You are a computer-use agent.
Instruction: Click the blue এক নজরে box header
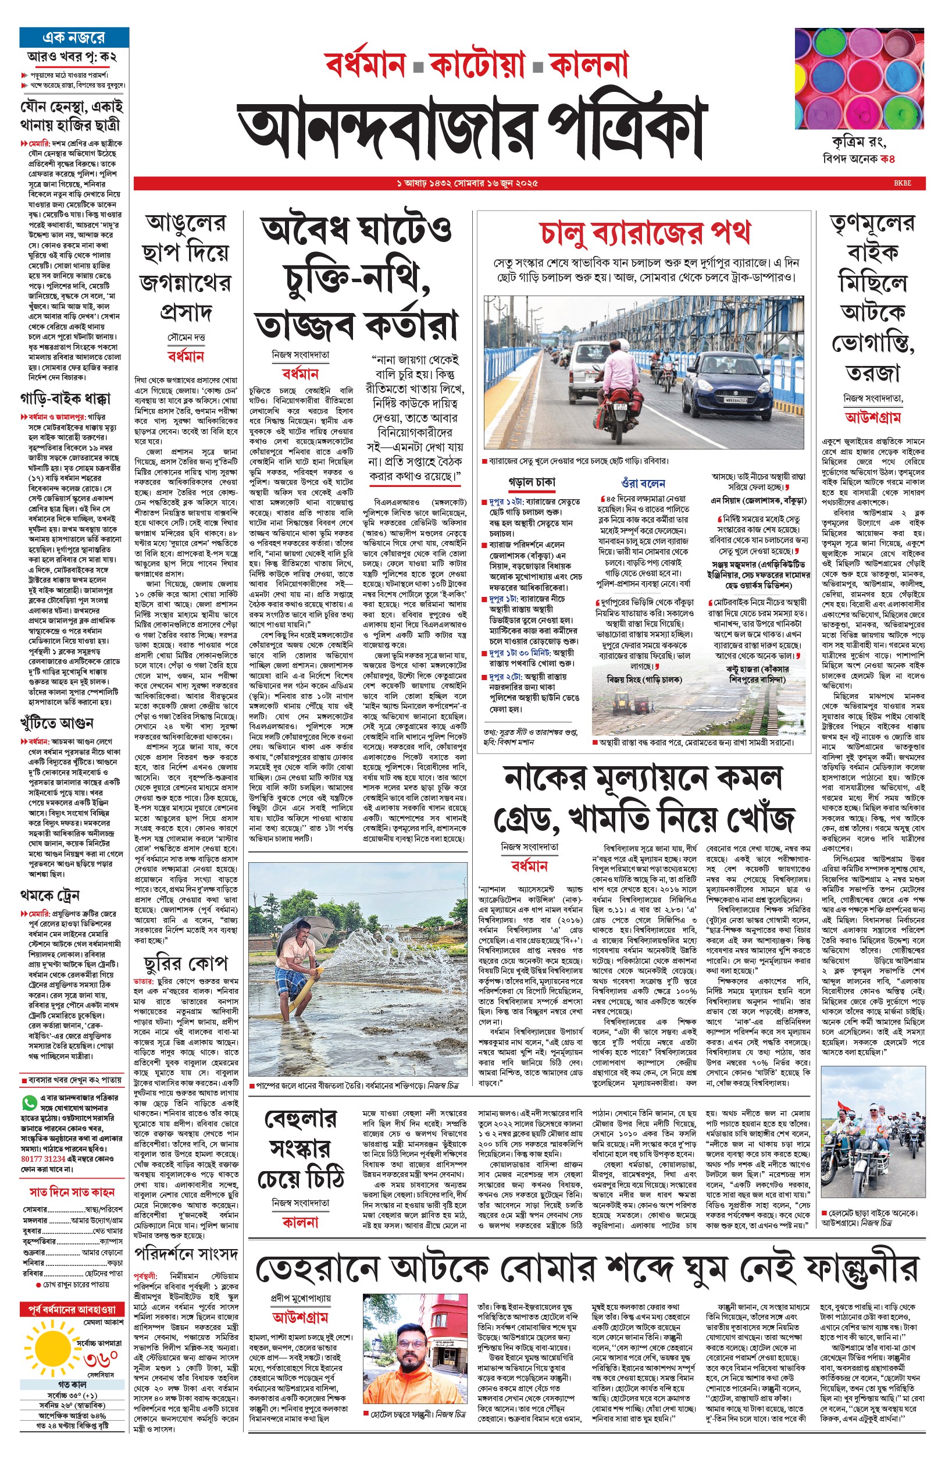(74, 37)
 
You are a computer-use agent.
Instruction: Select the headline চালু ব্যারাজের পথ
(645, 232)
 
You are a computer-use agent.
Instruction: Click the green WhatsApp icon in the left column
(29, 1102)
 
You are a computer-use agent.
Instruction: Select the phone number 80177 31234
(43, 1158)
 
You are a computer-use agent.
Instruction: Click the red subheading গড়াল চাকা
(532, 482)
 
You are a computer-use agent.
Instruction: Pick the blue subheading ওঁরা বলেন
(643, 483)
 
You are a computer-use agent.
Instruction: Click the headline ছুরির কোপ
(186, 962)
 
